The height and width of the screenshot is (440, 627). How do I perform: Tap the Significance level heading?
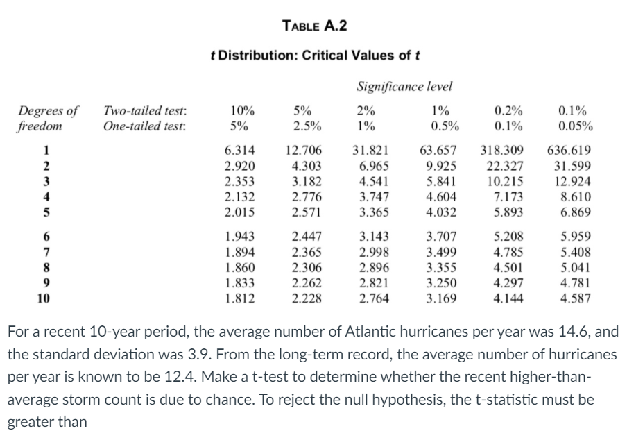coord(404,87)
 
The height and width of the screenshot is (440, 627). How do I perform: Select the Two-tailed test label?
coord(144,110)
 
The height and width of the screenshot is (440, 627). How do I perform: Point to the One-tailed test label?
coord(144,126)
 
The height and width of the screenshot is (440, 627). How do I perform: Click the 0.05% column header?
coord(575,126)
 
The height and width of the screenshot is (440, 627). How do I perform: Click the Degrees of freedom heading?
coord(49,118)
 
